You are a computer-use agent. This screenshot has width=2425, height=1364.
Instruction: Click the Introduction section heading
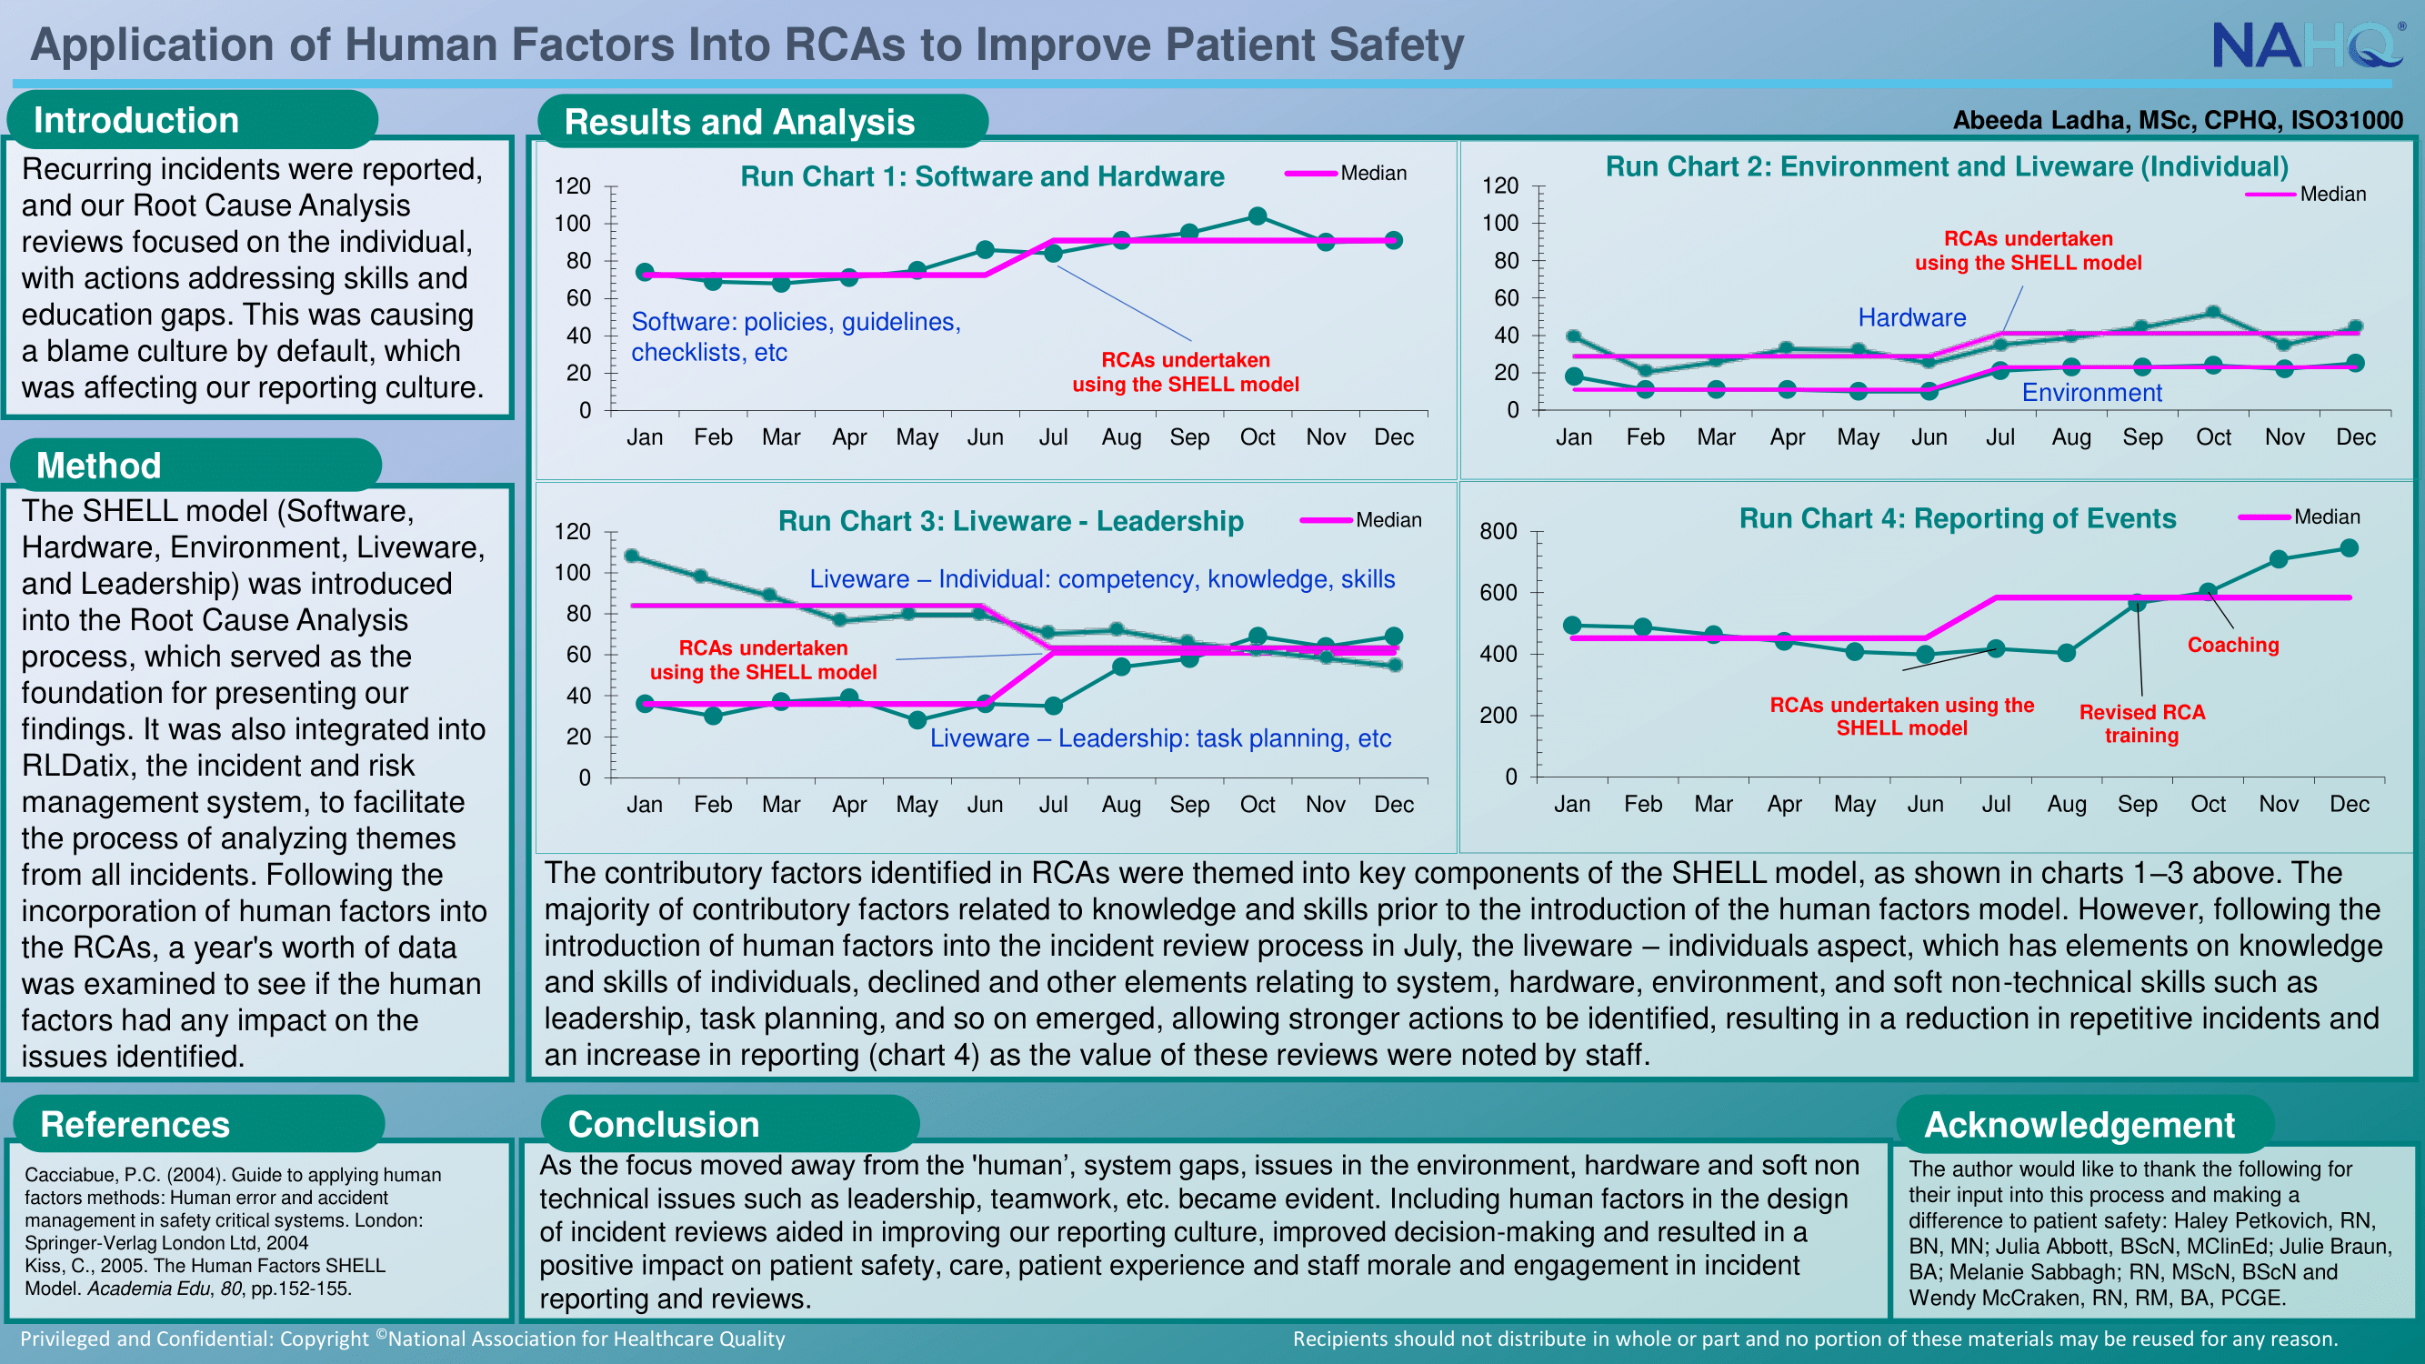click(136, 121)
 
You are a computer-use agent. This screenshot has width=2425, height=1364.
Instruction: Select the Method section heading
click(99, 465)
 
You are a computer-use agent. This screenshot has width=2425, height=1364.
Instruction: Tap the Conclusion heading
click(664, 1124)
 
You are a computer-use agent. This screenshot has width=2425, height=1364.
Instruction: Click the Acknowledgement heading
click(2079, 1125)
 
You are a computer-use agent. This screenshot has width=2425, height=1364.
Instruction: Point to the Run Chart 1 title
click(982, 176)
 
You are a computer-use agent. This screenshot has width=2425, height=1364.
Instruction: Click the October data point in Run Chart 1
click(1257, 216)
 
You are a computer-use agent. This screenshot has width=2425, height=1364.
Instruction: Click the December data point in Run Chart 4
click(2349, 547)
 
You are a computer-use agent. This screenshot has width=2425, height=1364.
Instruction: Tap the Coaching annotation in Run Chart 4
click(2233, 645)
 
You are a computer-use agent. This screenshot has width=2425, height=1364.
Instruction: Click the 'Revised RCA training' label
click(2141, 724)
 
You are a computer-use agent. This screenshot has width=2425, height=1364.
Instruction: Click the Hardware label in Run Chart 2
click(1912, 318)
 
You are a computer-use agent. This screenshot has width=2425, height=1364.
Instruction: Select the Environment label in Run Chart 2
click(2091, 393)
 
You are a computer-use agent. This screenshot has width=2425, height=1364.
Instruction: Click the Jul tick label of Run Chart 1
click(1052, 436)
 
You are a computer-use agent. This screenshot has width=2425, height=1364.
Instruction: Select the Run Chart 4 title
click(1957, 518)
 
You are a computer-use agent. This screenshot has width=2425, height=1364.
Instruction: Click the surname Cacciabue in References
click(70, 1175)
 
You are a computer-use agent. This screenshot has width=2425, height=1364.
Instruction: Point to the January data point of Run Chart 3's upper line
click(632, 557)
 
